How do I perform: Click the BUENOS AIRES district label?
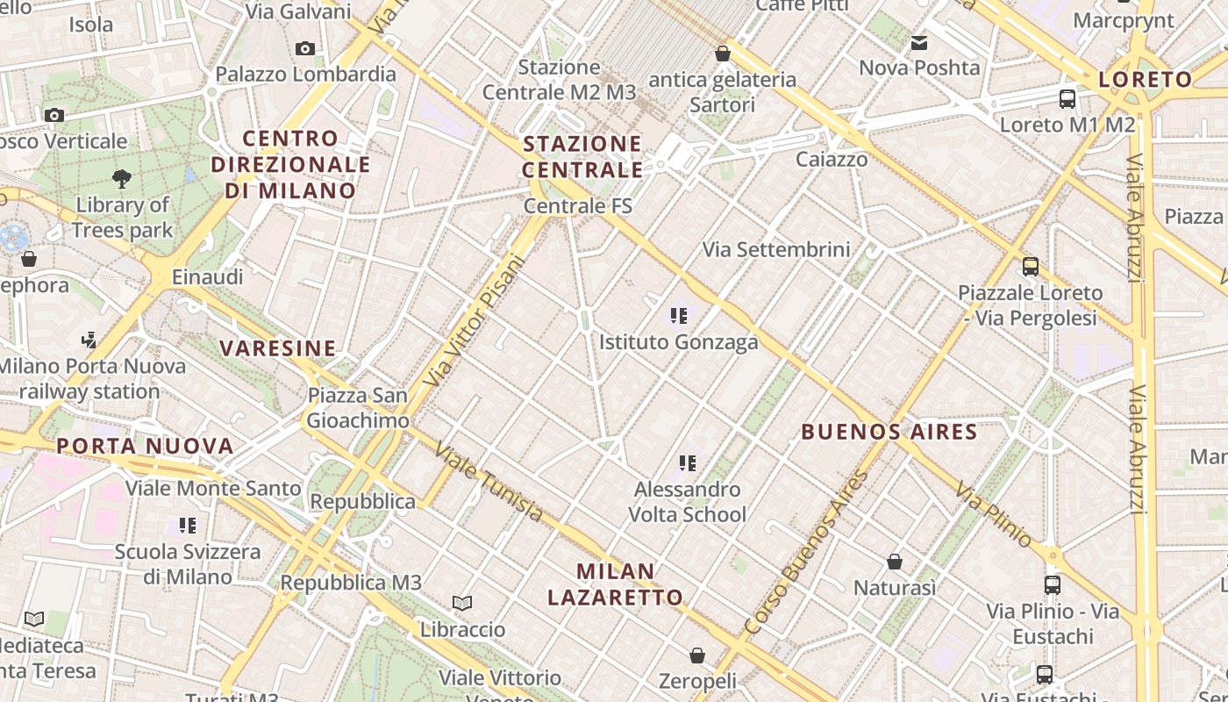click(889, 432)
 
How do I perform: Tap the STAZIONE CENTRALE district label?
click(582, 156)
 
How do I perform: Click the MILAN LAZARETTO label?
click(616, 584)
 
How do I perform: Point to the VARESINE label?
click(278, 348)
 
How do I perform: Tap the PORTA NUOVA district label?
click(146, 446)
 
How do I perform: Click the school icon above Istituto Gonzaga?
click(678, 315)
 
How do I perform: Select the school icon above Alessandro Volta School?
click(688, 462)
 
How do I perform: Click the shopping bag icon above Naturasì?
click(895, 562)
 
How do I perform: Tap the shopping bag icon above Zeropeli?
click(697, 655)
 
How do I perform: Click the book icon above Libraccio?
click(462, 603)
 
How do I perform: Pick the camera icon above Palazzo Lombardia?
click(305, 48)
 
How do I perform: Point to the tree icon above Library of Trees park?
click(122, 179)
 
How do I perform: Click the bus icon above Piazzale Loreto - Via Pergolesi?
click(1031, 266)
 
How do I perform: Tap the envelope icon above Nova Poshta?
click(919, 42)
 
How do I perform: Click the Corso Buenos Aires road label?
click(805, 553)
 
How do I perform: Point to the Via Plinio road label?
click(994, 514)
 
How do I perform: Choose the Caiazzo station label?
click(832, 160)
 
